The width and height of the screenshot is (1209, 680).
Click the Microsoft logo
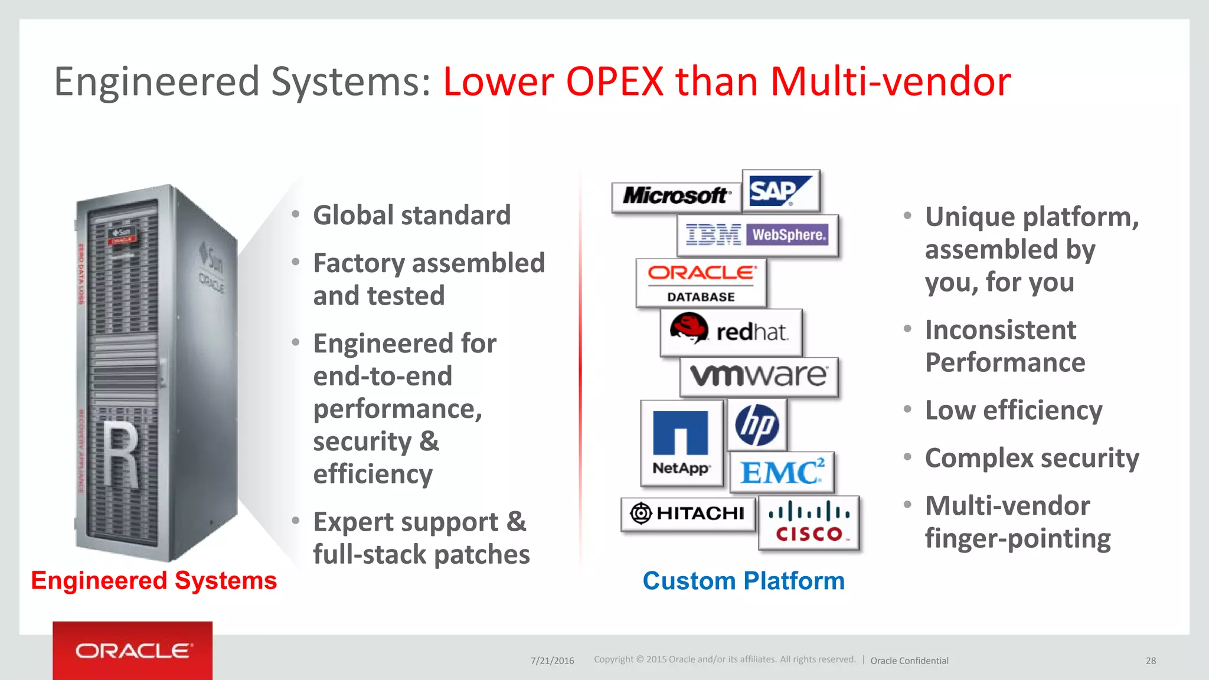pos(676,196)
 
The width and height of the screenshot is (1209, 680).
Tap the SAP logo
pos(780,191)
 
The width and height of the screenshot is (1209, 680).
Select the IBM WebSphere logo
pos(757,235)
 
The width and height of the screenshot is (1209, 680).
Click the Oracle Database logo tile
pos(701,283)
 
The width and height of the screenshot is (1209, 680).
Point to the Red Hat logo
pos(731,332)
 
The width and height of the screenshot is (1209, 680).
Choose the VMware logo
pos(759,376)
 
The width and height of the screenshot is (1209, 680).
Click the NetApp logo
pos(681,443)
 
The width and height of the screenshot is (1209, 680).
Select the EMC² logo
pos(782,472)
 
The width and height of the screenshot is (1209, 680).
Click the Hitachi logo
pos(688,513)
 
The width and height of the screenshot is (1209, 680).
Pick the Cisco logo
pos(809,522)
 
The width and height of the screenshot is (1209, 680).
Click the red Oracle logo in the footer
pos(132,650)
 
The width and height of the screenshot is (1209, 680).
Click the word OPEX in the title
pos(615,81)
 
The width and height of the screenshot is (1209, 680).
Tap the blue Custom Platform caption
pos(743,581)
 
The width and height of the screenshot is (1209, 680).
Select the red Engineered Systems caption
pos(153,581)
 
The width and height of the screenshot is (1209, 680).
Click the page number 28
pos(1151,661)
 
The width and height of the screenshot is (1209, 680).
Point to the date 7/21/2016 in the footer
pos(552,661)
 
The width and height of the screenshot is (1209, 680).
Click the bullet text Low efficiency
pos(1013,410)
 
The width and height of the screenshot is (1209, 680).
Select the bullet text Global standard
pos(411,215)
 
